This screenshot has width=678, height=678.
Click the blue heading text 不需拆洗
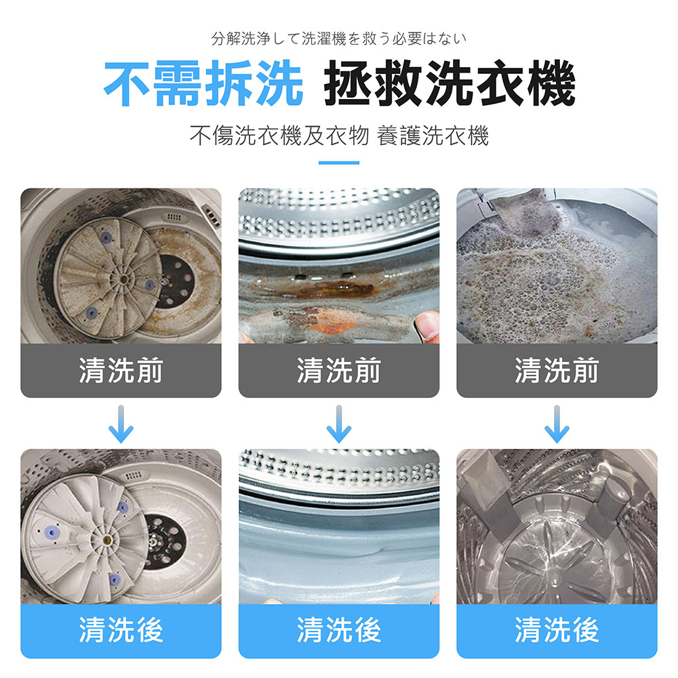pyautogui.click(x=203, y=83)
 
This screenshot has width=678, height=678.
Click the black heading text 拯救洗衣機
pyautogui.click(x=450, y=83)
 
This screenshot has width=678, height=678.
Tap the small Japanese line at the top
pyautogui.click(x=339, y=39)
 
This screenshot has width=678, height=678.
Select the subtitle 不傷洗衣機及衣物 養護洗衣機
pyautogui.click(x=339, y=136)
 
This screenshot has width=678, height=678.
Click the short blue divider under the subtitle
pyautogui.click(x=339, y=163)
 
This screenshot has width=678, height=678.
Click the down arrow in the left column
pyautogui.click(x=121, y=424)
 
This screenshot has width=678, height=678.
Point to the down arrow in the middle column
pyautogui.click(x=339, y=424)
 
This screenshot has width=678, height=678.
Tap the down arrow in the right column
pyautogui.click(x=557, y=424)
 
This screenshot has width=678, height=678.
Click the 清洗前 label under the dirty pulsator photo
pyautogui.click(x=121, y=371)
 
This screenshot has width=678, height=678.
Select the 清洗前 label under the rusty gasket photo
pyautogui.click(x=339, y=371)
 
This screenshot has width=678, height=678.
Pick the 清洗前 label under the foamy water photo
pyautogui.click(x=557, y=371)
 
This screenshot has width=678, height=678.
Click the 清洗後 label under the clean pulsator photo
pyautogui.click(x=121, y=630)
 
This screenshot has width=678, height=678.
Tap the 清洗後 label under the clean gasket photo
pyautogui.click(x=339, y=630)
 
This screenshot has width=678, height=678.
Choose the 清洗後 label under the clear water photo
pyautogui.click(x=557, y=630)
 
